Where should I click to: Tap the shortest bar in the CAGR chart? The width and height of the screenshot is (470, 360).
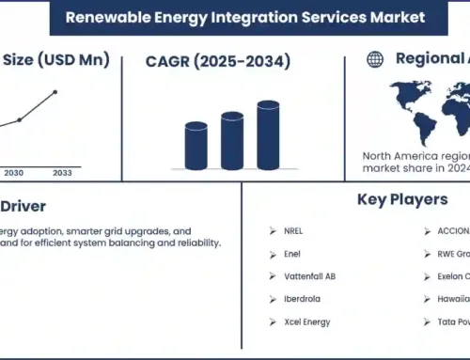(196, 146)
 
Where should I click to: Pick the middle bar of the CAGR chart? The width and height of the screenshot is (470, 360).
(232, 141)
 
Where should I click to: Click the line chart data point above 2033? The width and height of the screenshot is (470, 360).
(56, 92)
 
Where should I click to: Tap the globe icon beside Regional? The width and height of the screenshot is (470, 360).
(375, 59)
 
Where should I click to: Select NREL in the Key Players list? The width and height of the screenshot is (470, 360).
(293, 230)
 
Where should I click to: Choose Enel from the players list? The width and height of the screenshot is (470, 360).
(291, 254)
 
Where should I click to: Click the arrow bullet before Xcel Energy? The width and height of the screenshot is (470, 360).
(272, 321)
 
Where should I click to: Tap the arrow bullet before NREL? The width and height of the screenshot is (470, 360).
(272, 230)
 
